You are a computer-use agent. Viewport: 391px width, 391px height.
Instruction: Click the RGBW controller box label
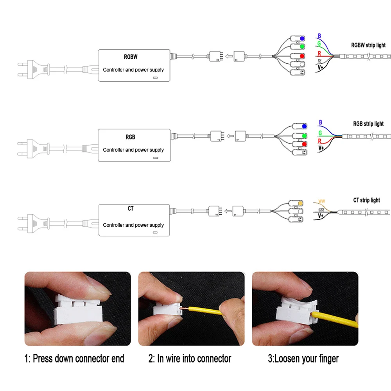coord(131,57)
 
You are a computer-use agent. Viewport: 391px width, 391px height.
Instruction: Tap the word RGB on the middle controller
coord(131,137)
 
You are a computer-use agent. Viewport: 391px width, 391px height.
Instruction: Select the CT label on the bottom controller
coord(131,209)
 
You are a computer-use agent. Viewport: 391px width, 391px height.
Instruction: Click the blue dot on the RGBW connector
coord(302,39)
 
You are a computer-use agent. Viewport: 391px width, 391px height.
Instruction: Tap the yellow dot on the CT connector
coord(300,204)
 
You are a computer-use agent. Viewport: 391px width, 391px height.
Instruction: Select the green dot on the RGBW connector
coord(302,47)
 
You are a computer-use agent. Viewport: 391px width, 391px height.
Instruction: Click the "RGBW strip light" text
coord(368,45)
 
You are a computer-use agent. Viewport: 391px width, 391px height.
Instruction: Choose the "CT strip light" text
coord(366,200)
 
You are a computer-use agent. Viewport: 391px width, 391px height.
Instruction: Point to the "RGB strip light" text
coord(368,124)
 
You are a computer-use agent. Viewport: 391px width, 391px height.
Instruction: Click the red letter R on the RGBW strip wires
coord(319,53)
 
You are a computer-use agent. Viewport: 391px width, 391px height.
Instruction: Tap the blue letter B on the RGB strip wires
coord(321,123)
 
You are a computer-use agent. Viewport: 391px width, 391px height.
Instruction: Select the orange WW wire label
coord(322,201)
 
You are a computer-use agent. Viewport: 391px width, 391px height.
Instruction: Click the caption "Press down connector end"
coord(74,358)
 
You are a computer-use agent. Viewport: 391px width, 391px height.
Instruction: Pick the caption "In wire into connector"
coord(190,358)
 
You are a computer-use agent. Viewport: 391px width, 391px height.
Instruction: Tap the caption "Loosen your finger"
coord(303,358)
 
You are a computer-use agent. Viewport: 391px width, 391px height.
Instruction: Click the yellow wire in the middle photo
coord(211,313)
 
